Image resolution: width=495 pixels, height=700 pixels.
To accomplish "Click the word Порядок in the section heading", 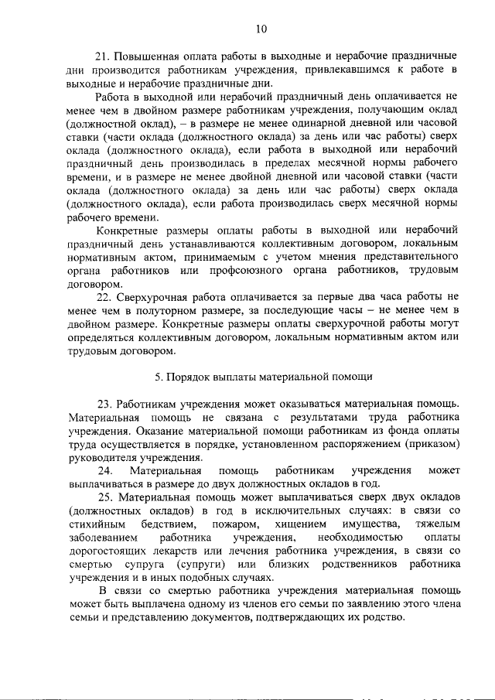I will pyautogui.click(x=188, y=377).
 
